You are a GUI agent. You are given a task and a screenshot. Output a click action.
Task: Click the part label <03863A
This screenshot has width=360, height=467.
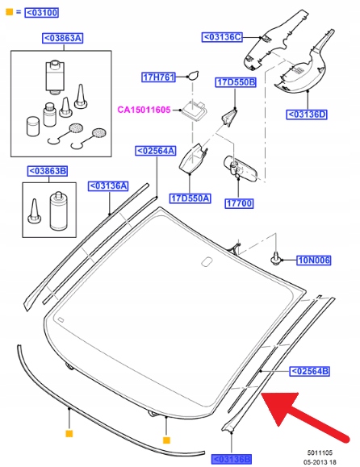[63, 39]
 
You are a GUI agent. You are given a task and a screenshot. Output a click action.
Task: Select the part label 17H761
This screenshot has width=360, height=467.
[158, 77]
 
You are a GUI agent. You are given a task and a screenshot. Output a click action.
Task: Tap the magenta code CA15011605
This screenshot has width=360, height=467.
[144, 110]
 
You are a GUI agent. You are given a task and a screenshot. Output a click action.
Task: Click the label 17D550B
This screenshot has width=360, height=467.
[236, 82]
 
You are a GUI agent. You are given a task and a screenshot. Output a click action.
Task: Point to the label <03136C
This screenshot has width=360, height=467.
[222, 37]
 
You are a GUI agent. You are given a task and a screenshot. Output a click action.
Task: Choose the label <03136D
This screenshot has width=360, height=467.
[307, 115]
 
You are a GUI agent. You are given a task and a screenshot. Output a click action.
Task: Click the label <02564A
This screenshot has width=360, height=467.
[156, 151]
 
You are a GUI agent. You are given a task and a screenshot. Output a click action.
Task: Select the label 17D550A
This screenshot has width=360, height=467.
[190, 198]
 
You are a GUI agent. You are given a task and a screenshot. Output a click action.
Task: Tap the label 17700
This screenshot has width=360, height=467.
[239, 204]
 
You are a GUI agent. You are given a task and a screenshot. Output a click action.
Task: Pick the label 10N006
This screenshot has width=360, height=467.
[314, 261]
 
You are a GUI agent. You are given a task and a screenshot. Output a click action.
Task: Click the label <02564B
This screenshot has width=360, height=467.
[310, 371]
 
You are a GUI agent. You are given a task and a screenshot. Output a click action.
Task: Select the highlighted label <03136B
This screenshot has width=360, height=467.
[232, 459]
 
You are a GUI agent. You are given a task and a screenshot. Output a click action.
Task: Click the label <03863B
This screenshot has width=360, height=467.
[48, 171]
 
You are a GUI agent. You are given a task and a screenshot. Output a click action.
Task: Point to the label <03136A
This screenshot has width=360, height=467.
[108, 186]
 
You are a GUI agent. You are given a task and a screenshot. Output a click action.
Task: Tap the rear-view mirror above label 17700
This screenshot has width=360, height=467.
[240, 169]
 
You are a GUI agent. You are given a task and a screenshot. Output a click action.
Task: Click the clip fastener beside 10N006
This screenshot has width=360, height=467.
[275, 259]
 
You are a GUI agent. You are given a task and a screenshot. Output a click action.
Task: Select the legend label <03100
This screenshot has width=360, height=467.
[42, 13]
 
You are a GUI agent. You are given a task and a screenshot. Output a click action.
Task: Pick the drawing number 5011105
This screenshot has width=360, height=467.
[320, 453]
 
